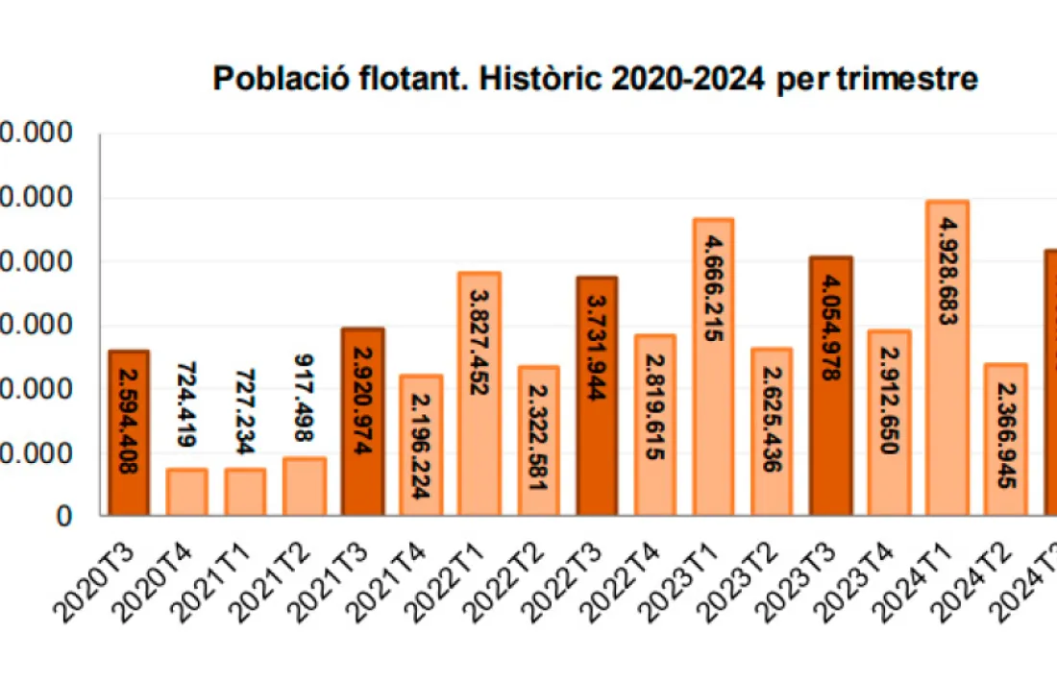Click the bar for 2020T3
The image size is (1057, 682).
pyautogui.click(x=128, y=432)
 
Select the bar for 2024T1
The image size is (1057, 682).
pyautogui.click(x=946, y=357)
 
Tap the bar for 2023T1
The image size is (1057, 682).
pyautogui.click(x=713, y=367)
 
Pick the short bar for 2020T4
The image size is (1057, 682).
pyautogui.click(x=186, y=492)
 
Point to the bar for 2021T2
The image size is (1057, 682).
pyautogui.click(x=304, y=486)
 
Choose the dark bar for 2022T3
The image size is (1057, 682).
pyautogui.click(x=597, y=396)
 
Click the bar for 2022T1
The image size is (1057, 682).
pyautogui.click(x=479, y=394)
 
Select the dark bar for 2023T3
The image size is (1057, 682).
pyautogui.click(x=830, y=386)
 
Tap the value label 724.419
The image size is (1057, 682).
pyautogui.click(x=186, y=403)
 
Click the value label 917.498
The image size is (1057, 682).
pyautogui.click(x=304, y=398)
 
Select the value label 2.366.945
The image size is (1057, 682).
pyautogui.click(x=1005, y=438)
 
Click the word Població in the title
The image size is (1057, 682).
pyautogui.click(x=275, y=79)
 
